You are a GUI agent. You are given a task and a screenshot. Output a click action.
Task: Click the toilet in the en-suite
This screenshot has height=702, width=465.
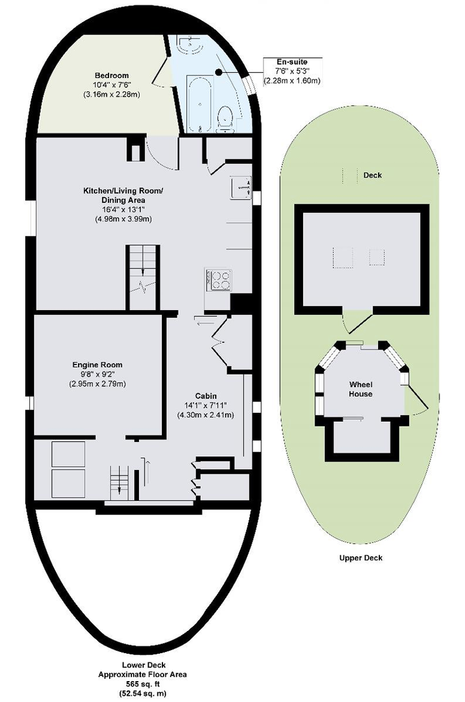225,119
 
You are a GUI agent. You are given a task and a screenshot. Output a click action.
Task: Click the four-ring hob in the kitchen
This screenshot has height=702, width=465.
218,280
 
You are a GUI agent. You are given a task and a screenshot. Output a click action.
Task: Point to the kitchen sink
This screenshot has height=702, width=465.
241,186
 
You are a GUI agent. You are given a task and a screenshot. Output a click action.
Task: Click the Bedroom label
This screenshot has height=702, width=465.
112,75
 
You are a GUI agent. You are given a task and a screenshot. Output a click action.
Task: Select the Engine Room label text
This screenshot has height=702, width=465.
97,365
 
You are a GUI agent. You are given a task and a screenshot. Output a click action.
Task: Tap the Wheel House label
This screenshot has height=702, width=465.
360,389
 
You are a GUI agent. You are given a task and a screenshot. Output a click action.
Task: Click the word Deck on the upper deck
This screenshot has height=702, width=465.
372,175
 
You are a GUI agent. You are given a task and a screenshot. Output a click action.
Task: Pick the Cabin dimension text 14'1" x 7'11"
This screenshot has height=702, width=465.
206,405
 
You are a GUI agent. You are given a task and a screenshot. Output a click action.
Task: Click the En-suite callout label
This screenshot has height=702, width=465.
292,62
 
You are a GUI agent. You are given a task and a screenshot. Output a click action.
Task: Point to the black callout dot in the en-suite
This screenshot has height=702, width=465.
218,72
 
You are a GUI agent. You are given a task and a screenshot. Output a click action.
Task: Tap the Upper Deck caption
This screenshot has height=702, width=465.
360,557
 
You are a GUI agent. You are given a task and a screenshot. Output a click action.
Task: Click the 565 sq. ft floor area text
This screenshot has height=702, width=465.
143,684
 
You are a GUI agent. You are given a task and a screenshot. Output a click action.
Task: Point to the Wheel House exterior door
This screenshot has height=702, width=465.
416,400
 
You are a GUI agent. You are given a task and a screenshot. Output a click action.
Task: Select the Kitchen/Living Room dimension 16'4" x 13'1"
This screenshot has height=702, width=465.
123,209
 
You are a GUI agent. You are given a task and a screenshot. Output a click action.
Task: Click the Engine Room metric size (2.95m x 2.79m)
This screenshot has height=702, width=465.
97,384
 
